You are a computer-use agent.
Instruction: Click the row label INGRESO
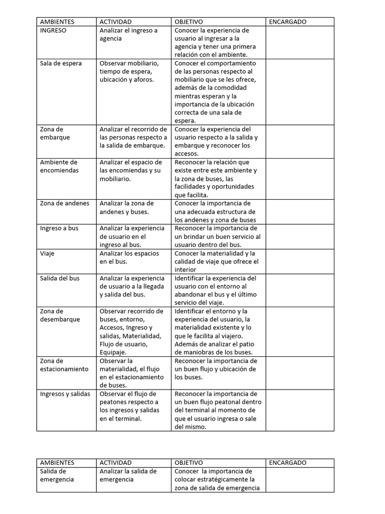[x=53, y=30]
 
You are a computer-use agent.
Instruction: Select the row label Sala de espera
[x=61, y=63]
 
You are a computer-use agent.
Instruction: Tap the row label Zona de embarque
[x=55, y=133]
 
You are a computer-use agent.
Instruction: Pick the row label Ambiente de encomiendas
[x=59, y=166]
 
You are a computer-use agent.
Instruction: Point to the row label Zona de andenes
[x=65, y=203]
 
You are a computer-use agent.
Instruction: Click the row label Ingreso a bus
[x=59, y=228]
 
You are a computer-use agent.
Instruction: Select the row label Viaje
[x=47, y=253]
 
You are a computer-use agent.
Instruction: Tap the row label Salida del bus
[x=60, y=278]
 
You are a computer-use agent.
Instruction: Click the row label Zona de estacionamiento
[x=64, y=365]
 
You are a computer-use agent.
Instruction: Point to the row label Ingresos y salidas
[x=65, y=394]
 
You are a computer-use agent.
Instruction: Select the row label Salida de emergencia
[x=57, y=475]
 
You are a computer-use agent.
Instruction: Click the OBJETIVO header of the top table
[x=188, y=22]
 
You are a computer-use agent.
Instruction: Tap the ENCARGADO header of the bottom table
[x=288, y=463]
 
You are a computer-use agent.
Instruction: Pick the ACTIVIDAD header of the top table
[x=116, y=22]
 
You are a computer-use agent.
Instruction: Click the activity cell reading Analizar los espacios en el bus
[x=129, y=258]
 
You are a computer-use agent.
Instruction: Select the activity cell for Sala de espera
[x=129, y=71]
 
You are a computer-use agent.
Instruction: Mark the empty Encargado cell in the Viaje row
[x=299, y=261]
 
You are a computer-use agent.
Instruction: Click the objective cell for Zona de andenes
[x=216, y=211]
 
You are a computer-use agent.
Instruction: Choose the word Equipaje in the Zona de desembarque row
[x=114, y=352]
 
